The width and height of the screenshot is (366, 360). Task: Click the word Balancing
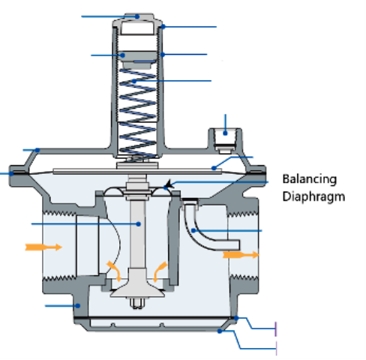coord(310,179)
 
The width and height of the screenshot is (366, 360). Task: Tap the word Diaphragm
coord(313,197)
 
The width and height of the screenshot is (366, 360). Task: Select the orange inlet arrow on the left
coord(44,246)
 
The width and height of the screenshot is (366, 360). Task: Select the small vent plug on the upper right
coord(225,137)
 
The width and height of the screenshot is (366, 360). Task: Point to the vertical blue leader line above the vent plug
coord(226,119)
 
